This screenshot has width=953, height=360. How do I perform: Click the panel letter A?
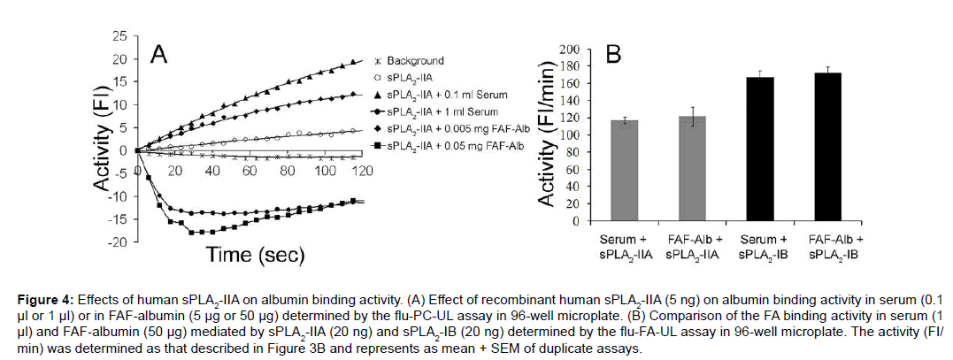159,55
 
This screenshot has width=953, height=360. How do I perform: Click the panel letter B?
613,55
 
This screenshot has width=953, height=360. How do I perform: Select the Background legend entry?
415,61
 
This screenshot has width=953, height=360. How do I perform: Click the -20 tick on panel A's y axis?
117,241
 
